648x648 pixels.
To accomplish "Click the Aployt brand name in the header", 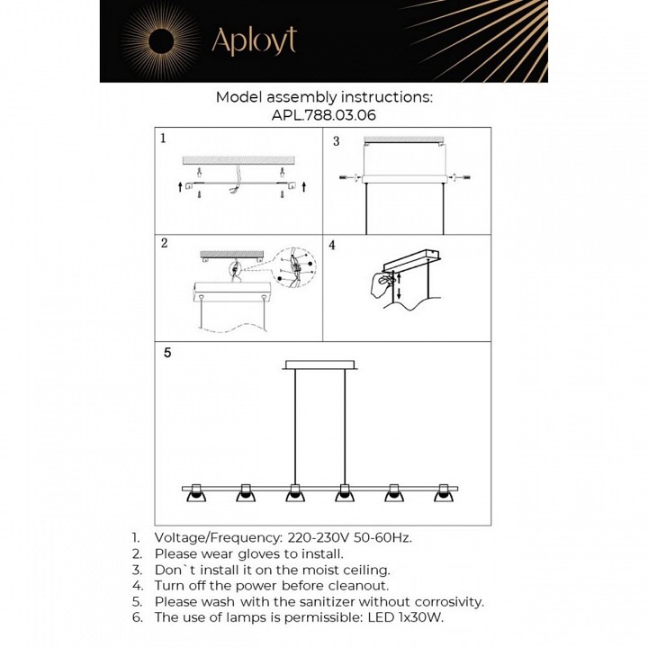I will (x=253, y=40).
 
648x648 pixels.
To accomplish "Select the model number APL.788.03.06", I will (x=324, y=115).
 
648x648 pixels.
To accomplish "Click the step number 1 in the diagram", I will (x=163, y=139).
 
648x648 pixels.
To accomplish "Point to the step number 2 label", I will (x=164, y=243).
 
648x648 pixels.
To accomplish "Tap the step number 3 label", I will (x=336, y=141).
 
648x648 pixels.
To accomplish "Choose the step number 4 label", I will (x=332, y=245).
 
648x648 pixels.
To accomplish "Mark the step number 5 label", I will (x=166, y=353).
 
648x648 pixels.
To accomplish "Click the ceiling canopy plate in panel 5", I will (x=321, y=364).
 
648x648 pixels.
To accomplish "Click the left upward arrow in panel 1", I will (x=180, y=186).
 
